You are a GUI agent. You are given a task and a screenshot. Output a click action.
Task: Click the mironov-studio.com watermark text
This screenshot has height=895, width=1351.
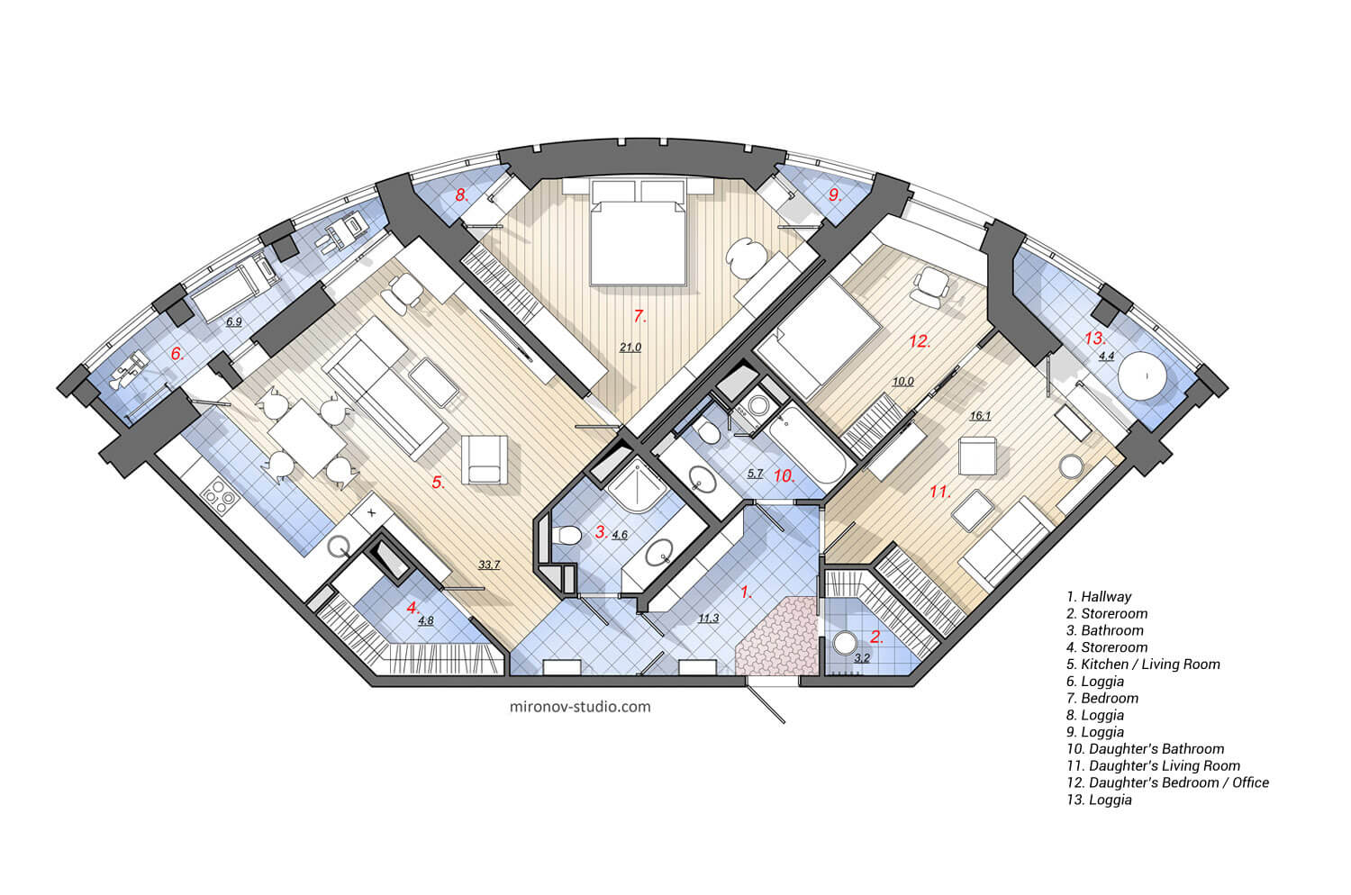(x=579, y=707)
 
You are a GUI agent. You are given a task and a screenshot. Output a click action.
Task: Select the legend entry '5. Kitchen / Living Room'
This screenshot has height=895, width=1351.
(x=1142, y=664)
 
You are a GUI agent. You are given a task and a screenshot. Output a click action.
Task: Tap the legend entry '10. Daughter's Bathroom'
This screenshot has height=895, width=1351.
(x=1145, y=749)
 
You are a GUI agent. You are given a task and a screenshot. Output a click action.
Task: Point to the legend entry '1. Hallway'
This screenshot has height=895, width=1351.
(x=1099, y=597)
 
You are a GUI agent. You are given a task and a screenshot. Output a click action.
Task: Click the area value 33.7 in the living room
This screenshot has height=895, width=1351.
(x=489, y=565)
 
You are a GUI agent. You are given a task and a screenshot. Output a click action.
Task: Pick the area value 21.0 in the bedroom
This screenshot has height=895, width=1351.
(x=630, y=347)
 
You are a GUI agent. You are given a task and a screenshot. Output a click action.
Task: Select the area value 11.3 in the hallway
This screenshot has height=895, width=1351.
(x=709, y=618)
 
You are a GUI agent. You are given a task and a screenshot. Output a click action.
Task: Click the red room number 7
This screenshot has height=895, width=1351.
(x=639, y=316)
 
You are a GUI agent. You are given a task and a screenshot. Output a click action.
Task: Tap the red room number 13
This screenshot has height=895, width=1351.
(x=1094, y=339)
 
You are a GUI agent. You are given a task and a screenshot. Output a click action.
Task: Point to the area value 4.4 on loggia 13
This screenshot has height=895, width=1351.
(x=1106, y=357)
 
